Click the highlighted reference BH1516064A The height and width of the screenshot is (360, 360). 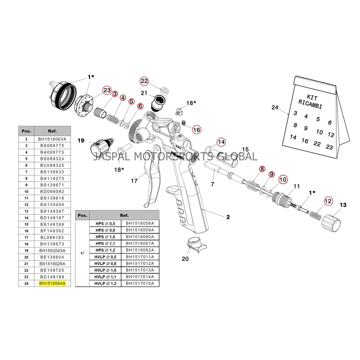click(x=52, y=283)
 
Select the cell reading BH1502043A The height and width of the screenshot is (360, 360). click(x=52, y=250)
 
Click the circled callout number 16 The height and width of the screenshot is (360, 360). click(x=197, y=130)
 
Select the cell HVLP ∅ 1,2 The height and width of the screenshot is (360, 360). click(x=105, y=283)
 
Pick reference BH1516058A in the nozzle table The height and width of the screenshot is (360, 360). click(x=140, y=223)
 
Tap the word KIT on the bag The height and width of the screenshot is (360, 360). click(x=312, y=96)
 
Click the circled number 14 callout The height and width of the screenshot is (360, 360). click(x=221, y=142)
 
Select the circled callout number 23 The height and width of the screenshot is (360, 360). click(x=107, y=90)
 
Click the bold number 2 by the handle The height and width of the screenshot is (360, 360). click(x=228, y=217)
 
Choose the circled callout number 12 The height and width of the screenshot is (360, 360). click(x=328, y=201)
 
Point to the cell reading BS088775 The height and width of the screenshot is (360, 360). click(x=52, y=146)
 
